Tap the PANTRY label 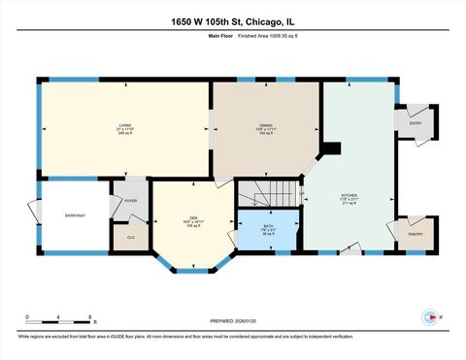tap(415, 234)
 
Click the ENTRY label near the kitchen tap(415, 123)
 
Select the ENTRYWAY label tap(75, 214)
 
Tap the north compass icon tap(429, 316)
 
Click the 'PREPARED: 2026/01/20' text tap(234, 321)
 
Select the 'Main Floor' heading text tap(220, 37)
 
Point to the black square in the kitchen tap(330, 148)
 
